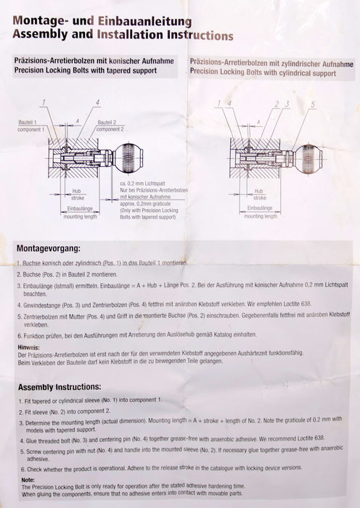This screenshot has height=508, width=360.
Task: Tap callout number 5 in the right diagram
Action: coord(313,105)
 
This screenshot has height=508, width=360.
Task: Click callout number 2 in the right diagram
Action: coord(277,105)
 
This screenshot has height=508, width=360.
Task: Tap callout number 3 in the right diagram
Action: coord(287,105)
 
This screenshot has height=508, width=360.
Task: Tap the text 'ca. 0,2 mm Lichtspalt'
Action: coord(144,184)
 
